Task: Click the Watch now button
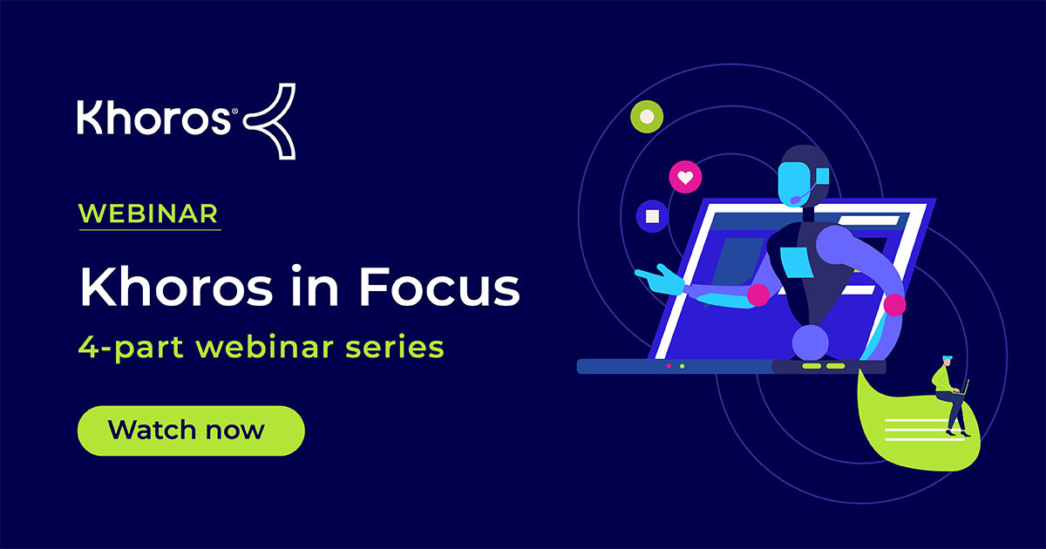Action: [191, 430]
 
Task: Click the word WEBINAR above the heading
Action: [148, 213]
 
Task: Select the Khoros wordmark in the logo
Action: [153, 119]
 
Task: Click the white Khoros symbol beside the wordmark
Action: [270, 121]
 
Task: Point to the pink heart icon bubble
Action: [685, 178]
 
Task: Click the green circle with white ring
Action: [646, 116]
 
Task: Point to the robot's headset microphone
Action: [798, 200]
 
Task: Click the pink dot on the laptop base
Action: [669, 366]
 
